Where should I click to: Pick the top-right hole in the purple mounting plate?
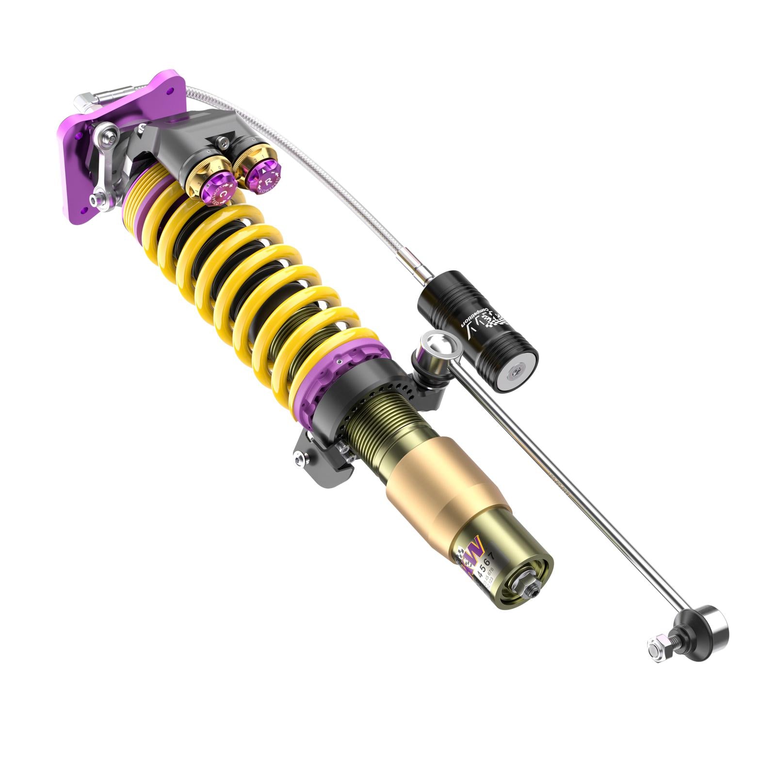point(169,91)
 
